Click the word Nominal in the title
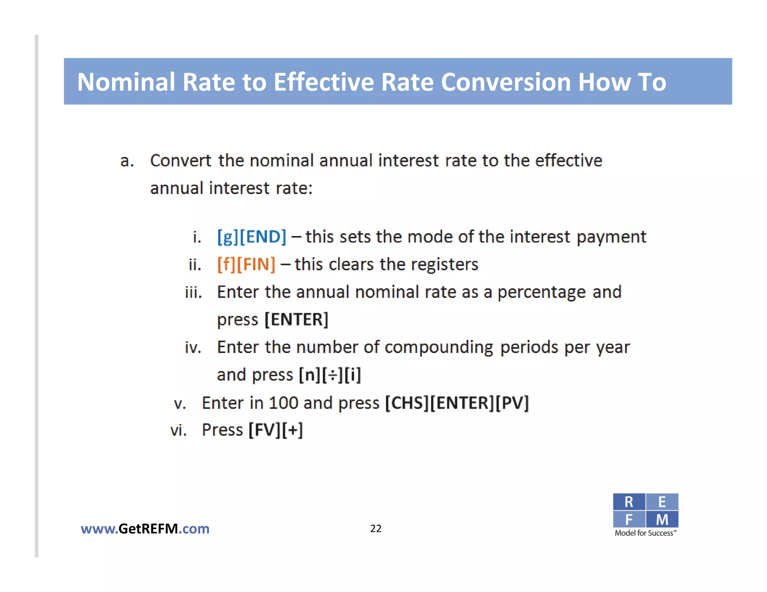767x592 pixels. point(126,82)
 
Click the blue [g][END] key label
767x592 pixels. point(252,237)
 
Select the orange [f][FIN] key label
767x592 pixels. point(246,265)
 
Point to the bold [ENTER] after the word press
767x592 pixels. point(296,320)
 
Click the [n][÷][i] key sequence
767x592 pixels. point(330,375)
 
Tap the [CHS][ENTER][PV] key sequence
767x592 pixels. point(457,403)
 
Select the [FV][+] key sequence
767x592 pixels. point(276,430)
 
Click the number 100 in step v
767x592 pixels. point(283,403)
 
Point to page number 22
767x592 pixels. point(376,528)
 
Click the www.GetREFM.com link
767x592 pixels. point(145,529)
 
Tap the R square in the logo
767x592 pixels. point(629,502)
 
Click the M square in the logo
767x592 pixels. point(662,519)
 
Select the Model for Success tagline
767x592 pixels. point(645,533)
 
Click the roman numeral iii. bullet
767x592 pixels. point(193,292)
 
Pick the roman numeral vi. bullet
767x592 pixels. point(178,430)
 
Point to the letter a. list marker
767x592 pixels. point(127,161)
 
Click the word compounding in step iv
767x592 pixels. point(439,347)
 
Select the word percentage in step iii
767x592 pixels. point(541,292)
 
